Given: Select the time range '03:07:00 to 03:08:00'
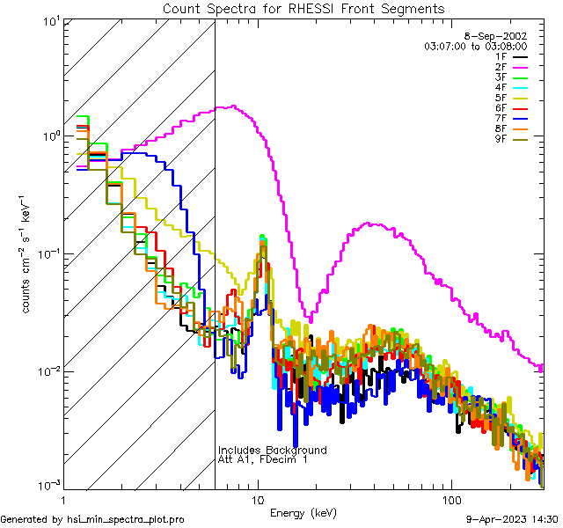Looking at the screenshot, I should click(x=475, y=46).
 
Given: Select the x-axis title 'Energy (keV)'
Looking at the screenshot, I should click(x=303, y=513).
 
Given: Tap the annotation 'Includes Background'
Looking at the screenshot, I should click(x=272, y=451).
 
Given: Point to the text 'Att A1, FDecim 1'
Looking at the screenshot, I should click(x=262, y=460).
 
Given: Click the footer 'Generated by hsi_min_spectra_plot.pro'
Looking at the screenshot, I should click(x=92, y=519).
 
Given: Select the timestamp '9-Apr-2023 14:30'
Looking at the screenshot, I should click(x=511, y=519).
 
